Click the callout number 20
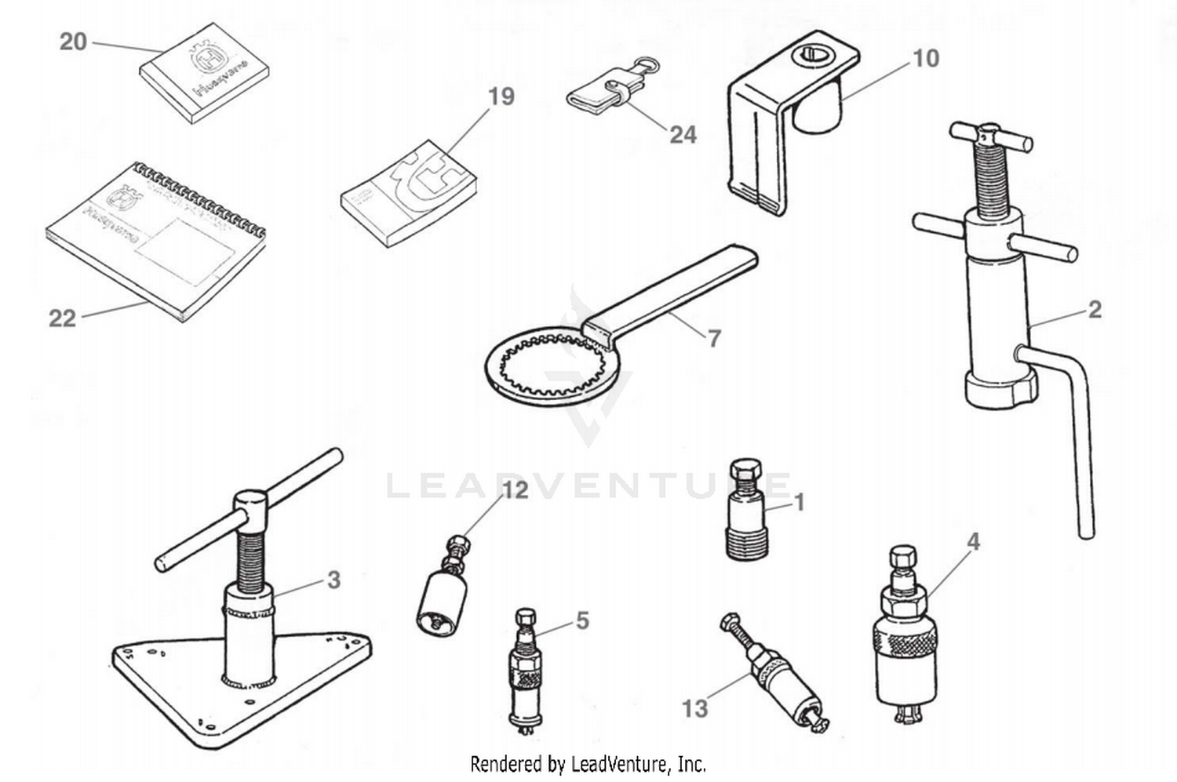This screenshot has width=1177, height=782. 73,42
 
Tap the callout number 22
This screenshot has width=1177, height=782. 62,318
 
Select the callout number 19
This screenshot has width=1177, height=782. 501,96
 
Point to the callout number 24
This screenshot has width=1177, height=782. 683,135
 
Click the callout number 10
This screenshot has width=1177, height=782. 926,59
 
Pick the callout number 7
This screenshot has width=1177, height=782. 714,338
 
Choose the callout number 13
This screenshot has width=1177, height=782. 694,708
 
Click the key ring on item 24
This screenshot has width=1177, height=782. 644,64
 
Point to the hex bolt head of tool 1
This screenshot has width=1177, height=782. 743,471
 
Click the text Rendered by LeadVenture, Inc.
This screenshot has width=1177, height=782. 588,762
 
